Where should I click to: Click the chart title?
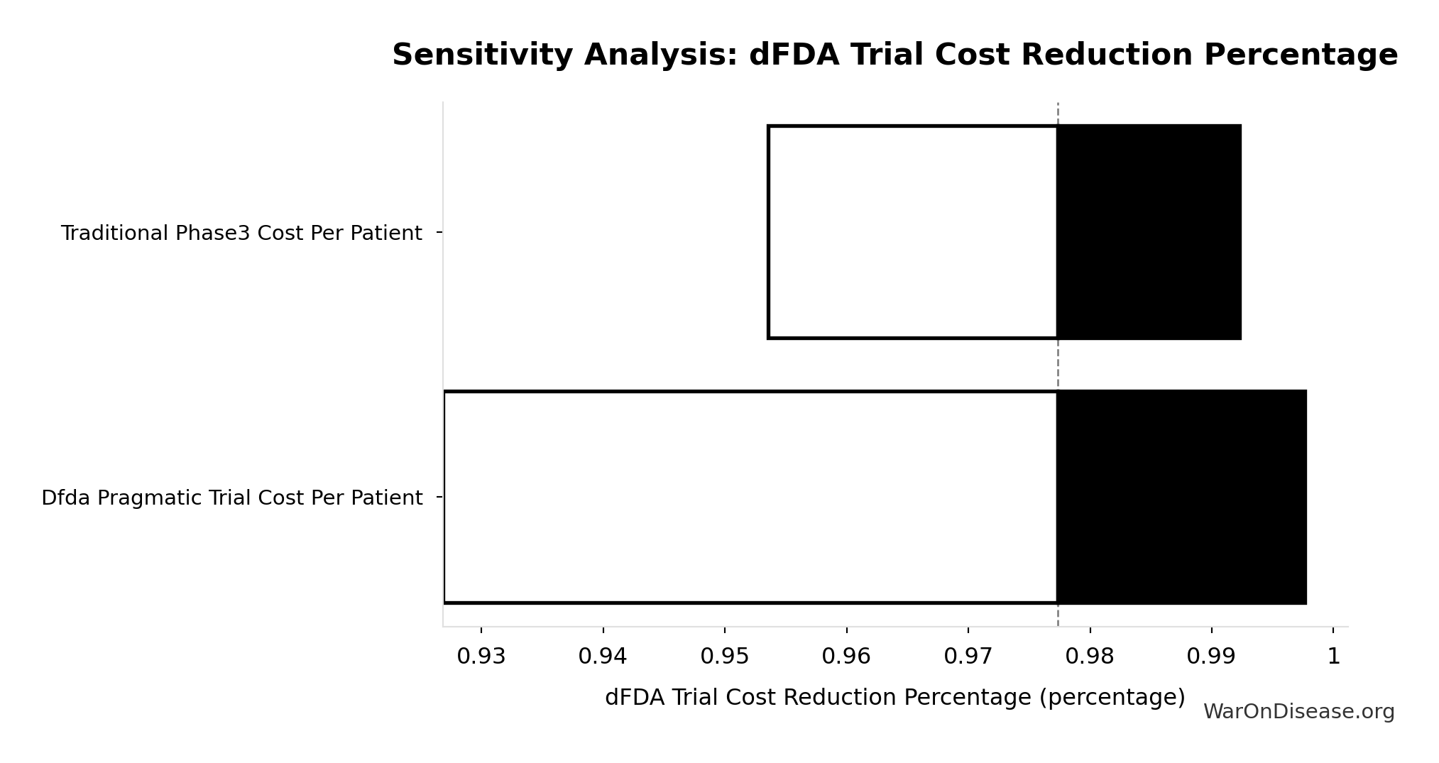point(894,55)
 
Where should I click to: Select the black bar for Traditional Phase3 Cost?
point(1149,232)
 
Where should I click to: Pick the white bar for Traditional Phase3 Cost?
point(912,232)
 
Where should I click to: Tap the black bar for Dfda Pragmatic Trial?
point(1181,497)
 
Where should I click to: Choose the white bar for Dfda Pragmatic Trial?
point(750,497)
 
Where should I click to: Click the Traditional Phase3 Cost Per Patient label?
point(241,234)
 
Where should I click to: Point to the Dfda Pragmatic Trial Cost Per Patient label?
point(231,498)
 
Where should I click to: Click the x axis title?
point(894,698)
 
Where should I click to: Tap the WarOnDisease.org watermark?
point(1298,712)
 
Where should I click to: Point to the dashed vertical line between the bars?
point(1058,365)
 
